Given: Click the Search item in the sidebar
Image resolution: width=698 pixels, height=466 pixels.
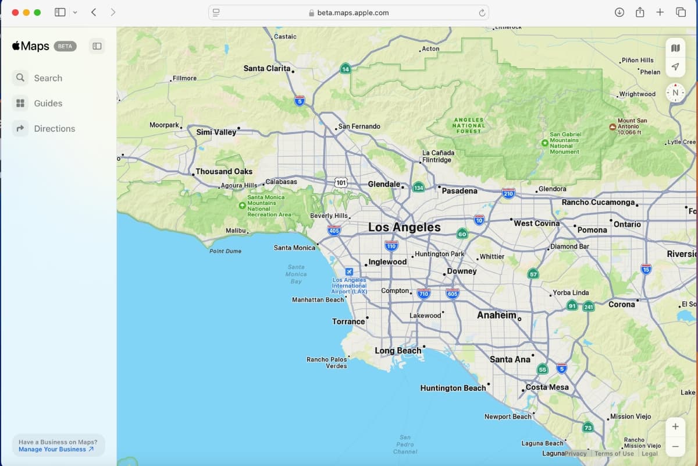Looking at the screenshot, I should pyautogui.click(x=48, y=78).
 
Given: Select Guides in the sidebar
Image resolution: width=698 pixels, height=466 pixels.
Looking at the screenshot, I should pyautogui.click(x=48, y=103).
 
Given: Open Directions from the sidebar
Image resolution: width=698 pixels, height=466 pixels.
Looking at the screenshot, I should pyautogui.click(x=54, y=129).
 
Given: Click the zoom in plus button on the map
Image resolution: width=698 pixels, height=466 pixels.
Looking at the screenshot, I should pyautogui.click(x=675, y=426).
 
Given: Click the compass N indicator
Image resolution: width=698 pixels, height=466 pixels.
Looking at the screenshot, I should pyautogui.click(x=675, y=93).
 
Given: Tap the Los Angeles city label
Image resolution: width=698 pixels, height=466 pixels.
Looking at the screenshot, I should pyautogui.click(x=404, y=227).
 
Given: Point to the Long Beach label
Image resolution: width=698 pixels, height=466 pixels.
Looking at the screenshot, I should pyautogui.click(x=398, y=351).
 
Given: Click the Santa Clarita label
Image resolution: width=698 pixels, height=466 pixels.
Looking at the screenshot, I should pyautogui.click(x=267, y=68).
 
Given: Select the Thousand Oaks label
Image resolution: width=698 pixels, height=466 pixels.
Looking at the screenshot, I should pyautogui.click(x=224, y=171).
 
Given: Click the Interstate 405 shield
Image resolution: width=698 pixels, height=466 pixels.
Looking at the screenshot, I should pyautogui.click(x=334, y=231).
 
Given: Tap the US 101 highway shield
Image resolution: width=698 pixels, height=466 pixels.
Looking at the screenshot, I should pyautogui.click(x=341, y=183).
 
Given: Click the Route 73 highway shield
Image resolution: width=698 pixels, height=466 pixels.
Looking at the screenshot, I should pyautogui.click(x=588, y=428).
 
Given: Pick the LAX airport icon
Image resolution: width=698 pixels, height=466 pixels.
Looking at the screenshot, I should pyautogui.click(x=349, y=271).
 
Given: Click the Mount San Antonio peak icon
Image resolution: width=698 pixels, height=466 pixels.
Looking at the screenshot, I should pyautogui.click(x=612, y=126).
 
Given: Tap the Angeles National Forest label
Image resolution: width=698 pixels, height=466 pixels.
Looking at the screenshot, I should pyautogui.click(x=469, y=125).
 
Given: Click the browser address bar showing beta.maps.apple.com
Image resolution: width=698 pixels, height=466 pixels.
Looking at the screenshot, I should pyautogui.click(x=348, y=12).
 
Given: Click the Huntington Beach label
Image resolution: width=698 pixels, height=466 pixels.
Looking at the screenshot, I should pyautogui.click(x=453, y=388).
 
